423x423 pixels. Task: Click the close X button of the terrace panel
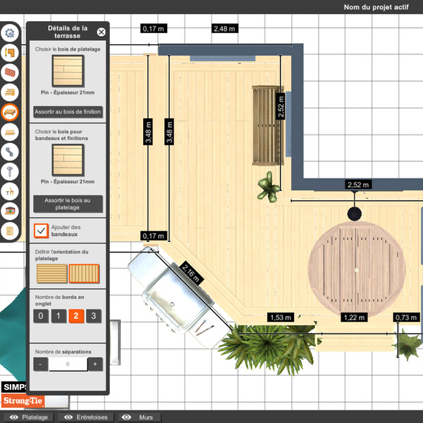pos(101,32)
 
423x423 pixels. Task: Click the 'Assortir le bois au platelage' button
pos(68,204)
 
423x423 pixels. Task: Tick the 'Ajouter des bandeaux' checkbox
pos(42,231)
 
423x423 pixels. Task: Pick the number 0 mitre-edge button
pos(42,316)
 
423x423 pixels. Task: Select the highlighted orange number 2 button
pos(75,316)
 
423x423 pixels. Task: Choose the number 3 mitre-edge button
pos(92,316)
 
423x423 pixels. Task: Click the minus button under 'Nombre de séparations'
pos(42,364)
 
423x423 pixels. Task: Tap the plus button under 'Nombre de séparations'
pos(94,364)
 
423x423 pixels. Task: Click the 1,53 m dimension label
pos(281,318)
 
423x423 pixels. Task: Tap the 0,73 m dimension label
pos(407,318)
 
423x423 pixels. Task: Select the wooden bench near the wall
pos(266,125)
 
